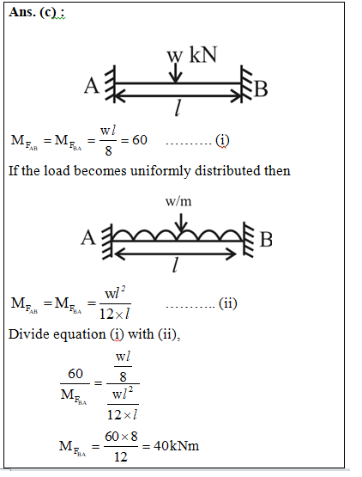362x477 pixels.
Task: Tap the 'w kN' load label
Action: [x=192, y=55]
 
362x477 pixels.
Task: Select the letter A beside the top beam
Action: [x=92, y=85]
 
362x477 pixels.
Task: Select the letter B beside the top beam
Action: [x=261, y=89]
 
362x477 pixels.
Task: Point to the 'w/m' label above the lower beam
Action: [x=178, y=201]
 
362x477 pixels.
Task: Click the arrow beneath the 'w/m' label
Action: [x=181, y=223]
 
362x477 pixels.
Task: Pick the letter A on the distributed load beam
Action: [x=88, y=237]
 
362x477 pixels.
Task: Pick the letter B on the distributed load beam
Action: [x=266, y=240]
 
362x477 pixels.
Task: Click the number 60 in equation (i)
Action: [x=140, y=140]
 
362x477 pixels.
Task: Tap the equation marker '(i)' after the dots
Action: [x=222, y=141]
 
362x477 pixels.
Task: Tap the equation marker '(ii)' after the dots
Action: [x=228, y=303]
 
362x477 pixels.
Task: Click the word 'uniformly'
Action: [x=161, y=171]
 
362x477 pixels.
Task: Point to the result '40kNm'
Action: [x=177, y=446]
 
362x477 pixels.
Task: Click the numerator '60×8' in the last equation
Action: [x=121, y=437]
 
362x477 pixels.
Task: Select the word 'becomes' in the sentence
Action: [x=100, y=171]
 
